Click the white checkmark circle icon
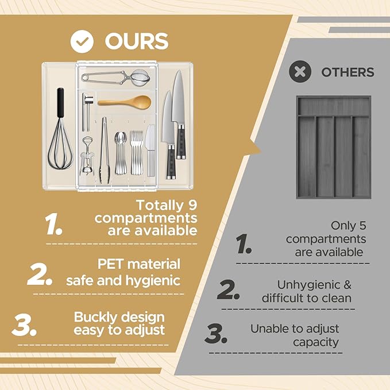coord(82,41)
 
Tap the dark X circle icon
coord(300,72)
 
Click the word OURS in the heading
coord(137,41)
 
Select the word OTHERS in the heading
coord(347,72)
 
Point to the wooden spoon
coord(125,102)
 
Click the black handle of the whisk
coord(60,102)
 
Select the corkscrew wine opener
coord(87,156)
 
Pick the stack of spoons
coord(121,153)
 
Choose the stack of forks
coord(137,152)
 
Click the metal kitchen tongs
coord(105,150)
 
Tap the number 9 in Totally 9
coord(191,205)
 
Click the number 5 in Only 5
coord(362,226)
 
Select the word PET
coord(110,264)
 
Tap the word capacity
coord(316,342)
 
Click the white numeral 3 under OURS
coord(24,325)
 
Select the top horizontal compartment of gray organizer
coord(334,106)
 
